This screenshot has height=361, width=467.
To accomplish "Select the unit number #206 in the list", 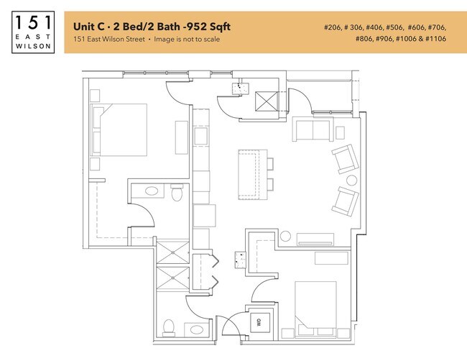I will (336, 27).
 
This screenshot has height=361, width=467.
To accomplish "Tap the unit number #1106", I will (433, 39).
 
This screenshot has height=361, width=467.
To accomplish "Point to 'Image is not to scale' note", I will (186, 39).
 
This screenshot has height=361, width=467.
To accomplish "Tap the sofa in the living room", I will (310, 131).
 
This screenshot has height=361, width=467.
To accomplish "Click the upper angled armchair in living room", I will (342, 159).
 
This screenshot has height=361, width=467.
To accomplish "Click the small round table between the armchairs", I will (351, 180).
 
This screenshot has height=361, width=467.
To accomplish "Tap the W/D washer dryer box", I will (256, 323).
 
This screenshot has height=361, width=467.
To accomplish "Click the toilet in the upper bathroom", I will (177, 193).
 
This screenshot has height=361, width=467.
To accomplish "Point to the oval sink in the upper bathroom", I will (151, 191).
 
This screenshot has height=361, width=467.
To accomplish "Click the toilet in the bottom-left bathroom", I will (168, 327).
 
